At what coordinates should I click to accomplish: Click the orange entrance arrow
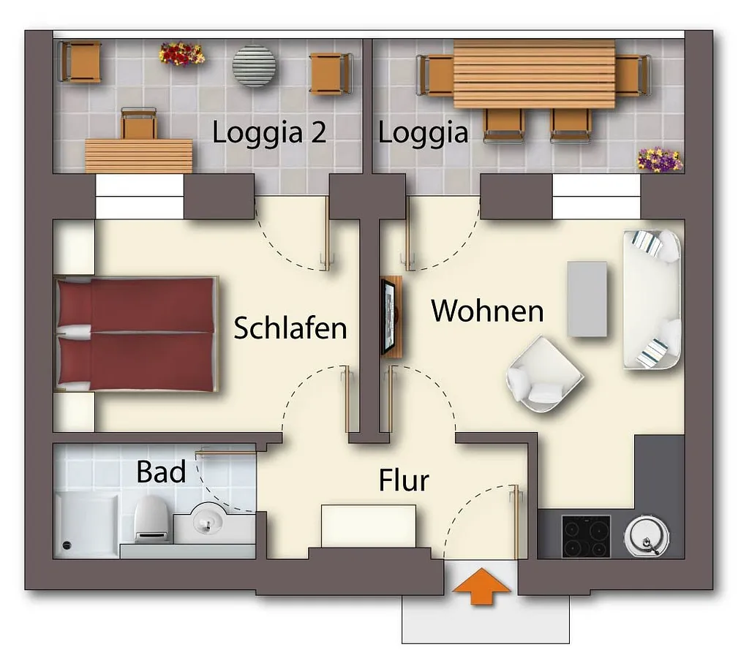[x=481, y=586]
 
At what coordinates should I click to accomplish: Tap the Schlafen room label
[x=290, y=328]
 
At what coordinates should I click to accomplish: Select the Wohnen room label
[x=487, y=311]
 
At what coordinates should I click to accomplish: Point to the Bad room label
[x=161, y=472]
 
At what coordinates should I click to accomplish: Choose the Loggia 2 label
[x=269, y=134]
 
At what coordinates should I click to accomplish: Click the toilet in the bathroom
[x=152, y=519]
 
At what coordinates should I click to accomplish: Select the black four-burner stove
[x=586, y=536]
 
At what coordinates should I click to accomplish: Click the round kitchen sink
[x=647, y=536]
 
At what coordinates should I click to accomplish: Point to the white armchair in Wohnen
[x=544, y=374]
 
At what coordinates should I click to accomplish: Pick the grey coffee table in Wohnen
[x=587, y=299]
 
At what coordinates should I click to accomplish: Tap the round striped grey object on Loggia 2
[x=254, y=66]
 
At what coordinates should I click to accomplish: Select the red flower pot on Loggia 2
[x=181, y=53]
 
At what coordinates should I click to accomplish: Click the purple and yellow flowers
[x=659, y=159]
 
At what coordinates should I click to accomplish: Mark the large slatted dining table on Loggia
[x=534, y=74]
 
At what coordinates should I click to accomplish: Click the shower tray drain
[x=67, y=545]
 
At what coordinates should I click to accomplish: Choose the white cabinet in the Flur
[x=369, y=526]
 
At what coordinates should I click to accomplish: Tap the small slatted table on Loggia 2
[x=139, y=156]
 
